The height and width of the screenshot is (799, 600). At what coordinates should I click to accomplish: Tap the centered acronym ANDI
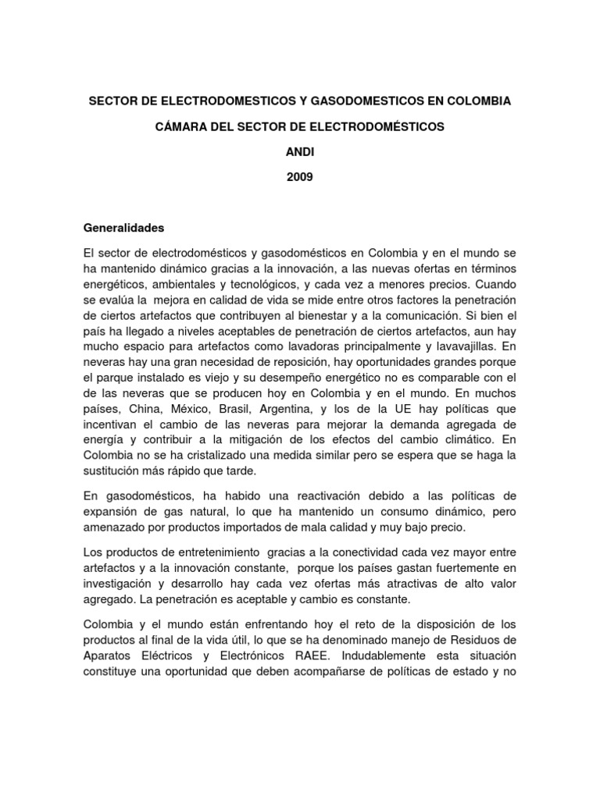(299, 151)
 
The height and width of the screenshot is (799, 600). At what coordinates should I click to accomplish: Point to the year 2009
(299, 177)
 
